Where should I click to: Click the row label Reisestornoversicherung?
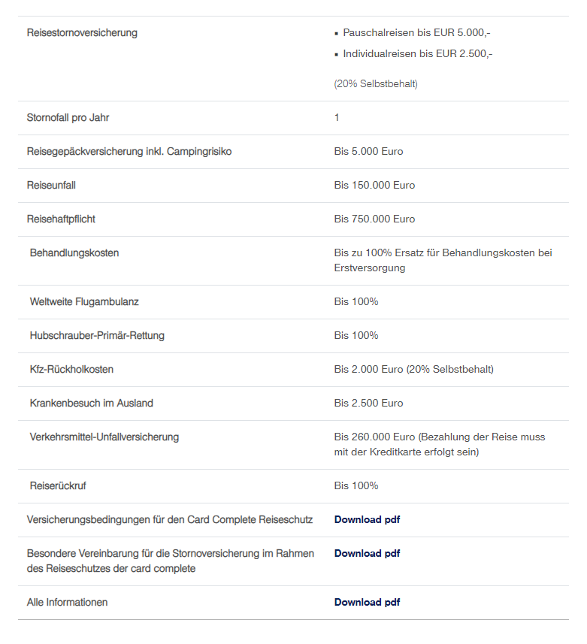tap(82, 33)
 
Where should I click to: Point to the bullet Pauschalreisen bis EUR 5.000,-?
tap(416, 33)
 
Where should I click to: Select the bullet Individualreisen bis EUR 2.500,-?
tap(417, 53)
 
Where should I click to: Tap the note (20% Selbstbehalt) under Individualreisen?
tap(376, 83)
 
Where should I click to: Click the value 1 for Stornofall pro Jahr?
tap(337, 118)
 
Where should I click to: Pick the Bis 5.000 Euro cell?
tap(368, 152)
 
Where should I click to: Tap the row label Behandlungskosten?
tap(74, 253)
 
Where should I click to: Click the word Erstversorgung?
tap(370, 268)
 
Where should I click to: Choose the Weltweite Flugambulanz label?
tap(84, 302)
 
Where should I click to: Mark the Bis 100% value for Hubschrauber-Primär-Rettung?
tap(356, 336)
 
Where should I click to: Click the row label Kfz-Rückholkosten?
tap(72, 370)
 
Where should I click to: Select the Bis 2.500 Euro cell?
tap(368, 404)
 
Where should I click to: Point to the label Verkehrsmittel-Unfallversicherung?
tap(104, 437)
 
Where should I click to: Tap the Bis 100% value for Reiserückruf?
tap(356, 486)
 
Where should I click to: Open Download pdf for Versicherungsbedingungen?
tap(367, 520)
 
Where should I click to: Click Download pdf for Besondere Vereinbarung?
tap(367, 554)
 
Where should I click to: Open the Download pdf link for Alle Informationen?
tap(367, 603)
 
